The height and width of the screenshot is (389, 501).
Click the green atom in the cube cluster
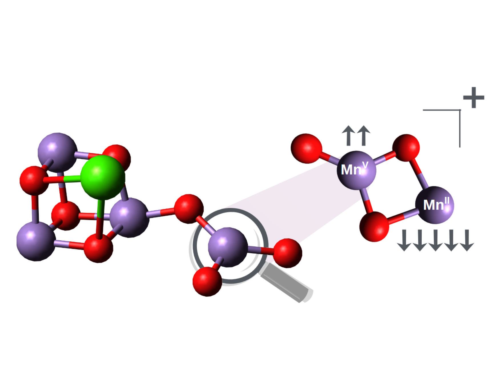(103, 177)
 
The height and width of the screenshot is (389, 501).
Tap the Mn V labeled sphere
(357, 170)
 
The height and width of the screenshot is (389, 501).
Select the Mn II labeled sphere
(434, 205)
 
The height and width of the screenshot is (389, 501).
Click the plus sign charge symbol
(474, 98)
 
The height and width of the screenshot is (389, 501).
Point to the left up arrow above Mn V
(348, 135)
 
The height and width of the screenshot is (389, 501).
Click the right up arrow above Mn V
(364, 135)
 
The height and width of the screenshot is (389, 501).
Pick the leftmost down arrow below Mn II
(404, 240)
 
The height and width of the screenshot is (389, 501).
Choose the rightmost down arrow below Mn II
(467, 240)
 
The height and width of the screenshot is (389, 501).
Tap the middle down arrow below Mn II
(436, 240)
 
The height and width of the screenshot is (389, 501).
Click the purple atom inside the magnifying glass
(228, 247)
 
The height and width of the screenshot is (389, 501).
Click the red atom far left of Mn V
(306, 149)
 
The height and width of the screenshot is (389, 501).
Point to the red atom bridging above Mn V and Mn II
(406, 148)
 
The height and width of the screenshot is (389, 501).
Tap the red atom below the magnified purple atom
(207, 282)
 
